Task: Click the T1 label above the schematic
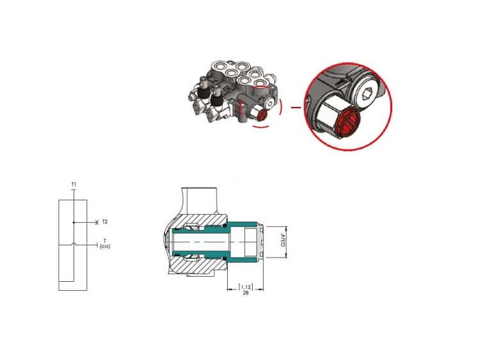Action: point(74,184)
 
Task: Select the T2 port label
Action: point(105,222)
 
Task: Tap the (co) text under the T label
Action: point(105,247)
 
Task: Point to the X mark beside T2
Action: point(97,222)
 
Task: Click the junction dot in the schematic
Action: point(74,222)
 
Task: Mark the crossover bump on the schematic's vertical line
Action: point(74,244)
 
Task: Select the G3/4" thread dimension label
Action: point(283,240)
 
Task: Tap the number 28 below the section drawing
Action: point(246,293)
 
